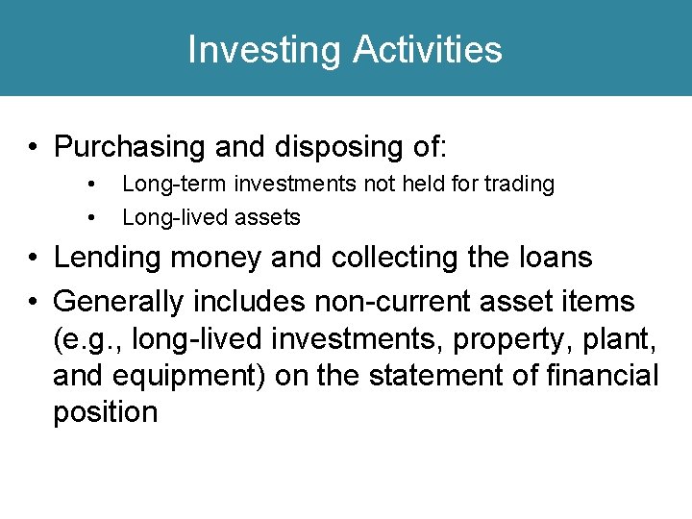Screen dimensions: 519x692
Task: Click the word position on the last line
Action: coord(106,413)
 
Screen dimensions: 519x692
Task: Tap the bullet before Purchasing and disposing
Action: coord(34,148)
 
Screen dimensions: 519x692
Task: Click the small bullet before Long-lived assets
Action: coord(90,218)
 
